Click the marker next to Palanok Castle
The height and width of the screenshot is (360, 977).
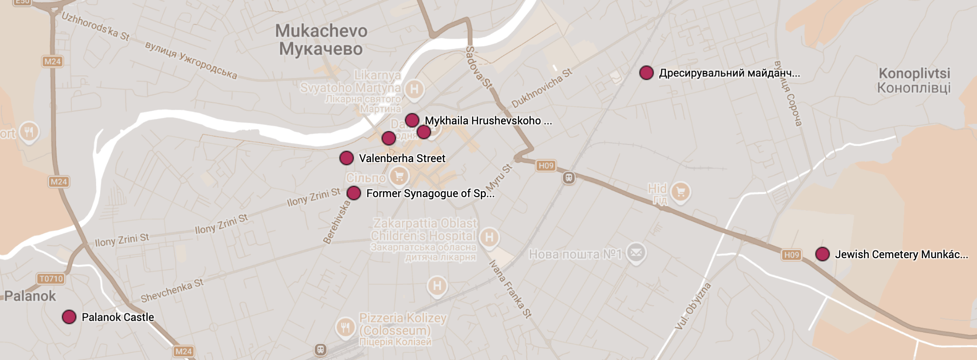[69, 317]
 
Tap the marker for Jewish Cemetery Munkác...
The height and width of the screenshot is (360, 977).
[823, 254]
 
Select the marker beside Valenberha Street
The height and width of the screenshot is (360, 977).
[347, 158]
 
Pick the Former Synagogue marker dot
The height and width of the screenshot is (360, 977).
[354, 193]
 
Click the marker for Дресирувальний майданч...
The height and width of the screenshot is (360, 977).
[647, 73]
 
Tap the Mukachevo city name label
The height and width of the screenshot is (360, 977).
[321, 40]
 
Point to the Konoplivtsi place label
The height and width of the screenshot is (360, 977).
[914, 80]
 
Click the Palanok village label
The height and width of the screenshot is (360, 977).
[30, 296]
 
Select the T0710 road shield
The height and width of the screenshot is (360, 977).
[51, 279]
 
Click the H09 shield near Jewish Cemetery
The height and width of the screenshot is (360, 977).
[792, 255]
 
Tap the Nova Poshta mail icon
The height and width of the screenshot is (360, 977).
[636, 253]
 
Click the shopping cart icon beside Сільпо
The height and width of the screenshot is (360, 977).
[399, 176]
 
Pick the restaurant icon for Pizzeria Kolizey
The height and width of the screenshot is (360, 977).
[345, 328]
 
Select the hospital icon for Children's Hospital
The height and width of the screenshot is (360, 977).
[489, 237]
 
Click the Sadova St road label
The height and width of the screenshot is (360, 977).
[479, 67]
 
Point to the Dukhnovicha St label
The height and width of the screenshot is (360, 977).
[542, 88]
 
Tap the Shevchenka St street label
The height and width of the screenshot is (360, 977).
[172, 290]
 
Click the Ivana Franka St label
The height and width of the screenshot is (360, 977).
[511, 289]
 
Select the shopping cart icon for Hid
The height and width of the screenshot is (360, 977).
[681, 192]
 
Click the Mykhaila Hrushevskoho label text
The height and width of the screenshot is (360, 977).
[483, 121]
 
